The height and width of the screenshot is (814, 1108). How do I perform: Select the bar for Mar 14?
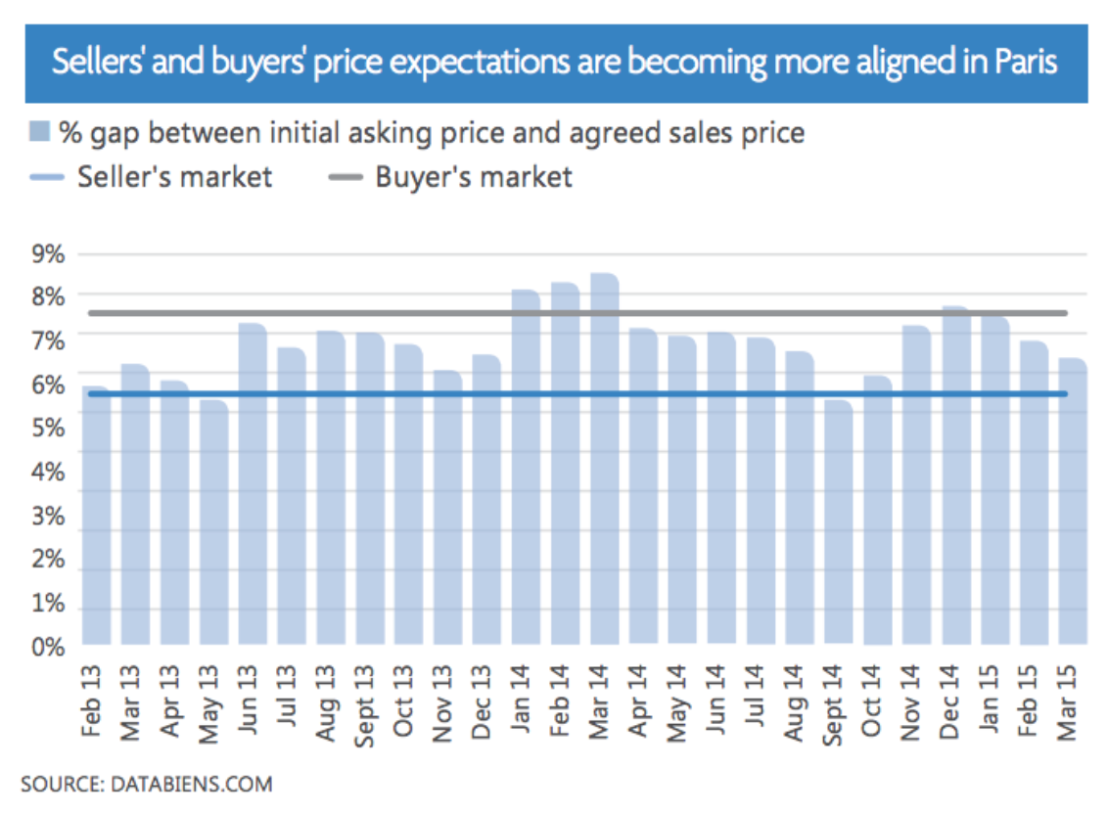[604, 460]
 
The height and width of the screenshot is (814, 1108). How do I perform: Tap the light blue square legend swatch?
[38, 132]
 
